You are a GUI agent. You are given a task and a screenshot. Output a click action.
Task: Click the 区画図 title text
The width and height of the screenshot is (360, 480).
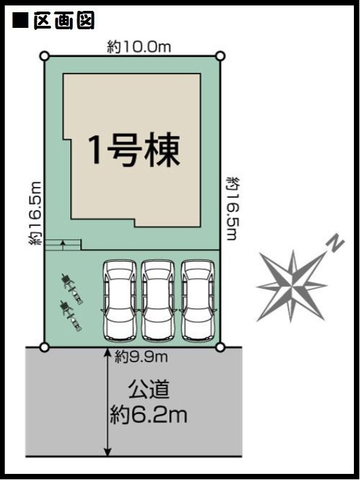click(x=64, y=20)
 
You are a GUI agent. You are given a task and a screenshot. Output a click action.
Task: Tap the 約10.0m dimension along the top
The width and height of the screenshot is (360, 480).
click(x=139, y=47)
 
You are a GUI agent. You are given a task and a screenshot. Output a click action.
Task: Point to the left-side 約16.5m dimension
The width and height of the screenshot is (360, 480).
click(x=35, y=213)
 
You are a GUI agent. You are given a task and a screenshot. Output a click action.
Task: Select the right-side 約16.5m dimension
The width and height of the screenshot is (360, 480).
click(x=232, y=209)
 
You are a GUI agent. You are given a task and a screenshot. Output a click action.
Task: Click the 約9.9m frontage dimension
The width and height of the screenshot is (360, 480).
click(x=141, y=357)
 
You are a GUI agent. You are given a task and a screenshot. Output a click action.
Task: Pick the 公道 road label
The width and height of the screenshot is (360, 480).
click(x=149, y=389)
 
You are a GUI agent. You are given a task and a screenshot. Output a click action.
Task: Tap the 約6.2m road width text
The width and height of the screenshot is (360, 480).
click(x=148, y=415)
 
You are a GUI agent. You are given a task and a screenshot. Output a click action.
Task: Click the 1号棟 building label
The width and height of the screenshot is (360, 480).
click(x=134, y=150)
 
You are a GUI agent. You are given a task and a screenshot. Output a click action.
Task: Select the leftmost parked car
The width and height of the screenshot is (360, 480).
click(x=120, y=301)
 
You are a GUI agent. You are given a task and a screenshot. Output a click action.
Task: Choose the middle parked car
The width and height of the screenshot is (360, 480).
click(x=158, y=301)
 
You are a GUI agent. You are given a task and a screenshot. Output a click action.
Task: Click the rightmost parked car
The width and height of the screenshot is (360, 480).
click(x=198, y=301)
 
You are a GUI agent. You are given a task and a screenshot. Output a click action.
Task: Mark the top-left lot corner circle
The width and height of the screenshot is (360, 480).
click(x=45, y=56)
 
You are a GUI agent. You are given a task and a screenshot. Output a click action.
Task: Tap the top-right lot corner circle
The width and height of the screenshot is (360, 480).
click(x=221, y=56)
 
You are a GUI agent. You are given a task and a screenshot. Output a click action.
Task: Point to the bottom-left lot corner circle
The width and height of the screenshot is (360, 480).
click(x=45, y=347)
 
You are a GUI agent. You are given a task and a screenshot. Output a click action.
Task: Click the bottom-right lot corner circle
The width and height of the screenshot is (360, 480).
click(x=221, y=347)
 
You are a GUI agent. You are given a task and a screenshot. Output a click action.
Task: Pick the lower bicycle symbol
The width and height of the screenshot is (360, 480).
click(x=71, y=316)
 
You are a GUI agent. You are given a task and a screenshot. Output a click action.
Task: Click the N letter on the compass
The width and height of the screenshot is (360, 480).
click(x=336, y=243)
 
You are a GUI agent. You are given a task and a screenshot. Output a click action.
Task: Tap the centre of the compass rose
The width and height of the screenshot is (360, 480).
click(x=292, y=286)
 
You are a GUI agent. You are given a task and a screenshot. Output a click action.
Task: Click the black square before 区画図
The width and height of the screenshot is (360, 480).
click(x=20, y=20)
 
